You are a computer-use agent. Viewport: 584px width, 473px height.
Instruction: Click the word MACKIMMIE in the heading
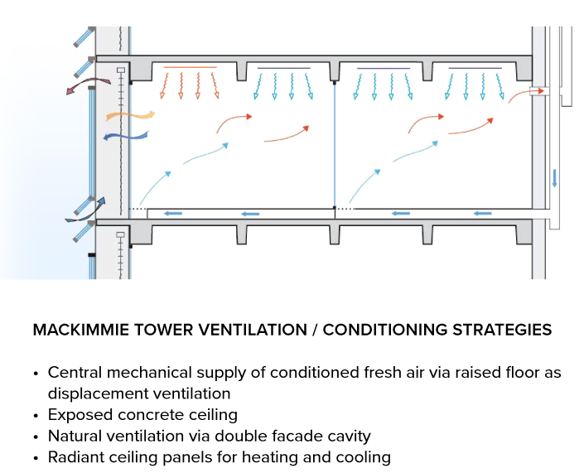point(80,330)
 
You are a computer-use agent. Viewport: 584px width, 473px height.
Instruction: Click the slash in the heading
point(316,330)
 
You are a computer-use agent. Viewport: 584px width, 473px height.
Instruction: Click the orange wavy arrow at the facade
point(130,116)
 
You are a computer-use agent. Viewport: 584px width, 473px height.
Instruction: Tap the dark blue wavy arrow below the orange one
point(126,136)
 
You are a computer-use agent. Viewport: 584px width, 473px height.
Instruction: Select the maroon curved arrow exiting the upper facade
point(89,84)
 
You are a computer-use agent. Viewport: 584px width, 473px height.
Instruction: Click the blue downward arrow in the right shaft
point(554,178)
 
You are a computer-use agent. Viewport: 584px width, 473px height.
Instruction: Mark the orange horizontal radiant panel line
point(190,67)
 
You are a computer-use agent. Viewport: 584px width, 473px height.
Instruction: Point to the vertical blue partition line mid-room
point(335,145)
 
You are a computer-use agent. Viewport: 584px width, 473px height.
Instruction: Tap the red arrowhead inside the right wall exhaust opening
point(541,91)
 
